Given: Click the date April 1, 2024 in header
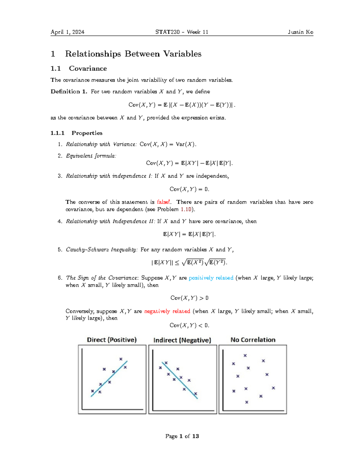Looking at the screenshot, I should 67,32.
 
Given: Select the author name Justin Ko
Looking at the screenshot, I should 300,32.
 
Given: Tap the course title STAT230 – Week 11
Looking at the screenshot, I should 182,32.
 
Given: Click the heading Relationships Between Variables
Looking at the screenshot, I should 133,54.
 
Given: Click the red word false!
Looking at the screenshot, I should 164,202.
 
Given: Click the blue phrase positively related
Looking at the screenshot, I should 211,278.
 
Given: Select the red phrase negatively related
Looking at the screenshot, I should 167,311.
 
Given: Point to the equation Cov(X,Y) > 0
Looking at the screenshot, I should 189,298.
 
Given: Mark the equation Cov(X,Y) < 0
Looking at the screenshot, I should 189,325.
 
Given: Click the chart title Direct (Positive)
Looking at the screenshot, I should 112,340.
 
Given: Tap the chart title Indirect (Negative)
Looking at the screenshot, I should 182,340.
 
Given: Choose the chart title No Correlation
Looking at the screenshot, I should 253,340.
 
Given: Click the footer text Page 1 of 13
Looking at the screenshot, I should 182,436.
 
